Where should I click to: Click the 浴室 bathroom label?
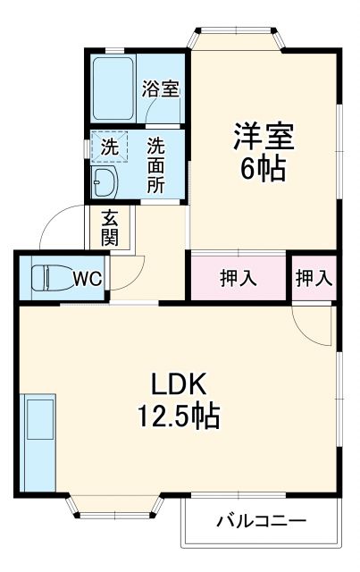(x=162, y=88)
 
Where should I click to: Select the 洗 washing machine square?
(x=108, y=147)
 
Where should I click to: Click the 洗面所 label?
(x=155, y=164)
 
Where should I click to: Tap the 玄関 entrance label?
(x=109, y=227)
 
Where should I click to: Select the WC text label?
(x=88, y=278)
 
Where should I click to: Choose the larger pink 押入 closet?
(x=239, y=278)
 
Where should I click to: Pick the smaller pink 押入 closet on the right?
(x=313, y=278)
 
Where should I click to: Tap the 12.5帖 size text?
(x=178, y=416)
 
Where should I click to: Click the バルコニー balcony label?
(x=262, y=520)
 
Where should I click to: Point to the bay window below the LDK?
(x=119, y=506)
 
